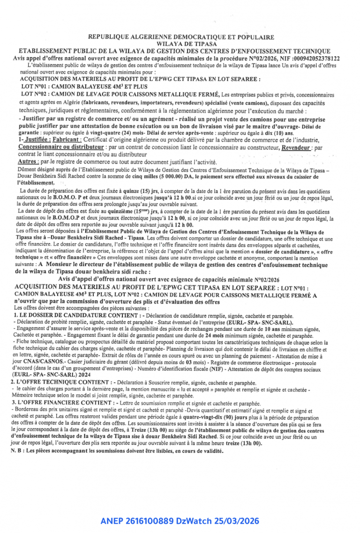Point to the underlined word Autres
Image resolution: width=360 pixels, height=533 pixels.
tap(28, 161)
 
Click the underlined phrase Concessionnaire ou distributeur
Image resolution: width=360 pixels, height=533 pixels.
tap(61, 147)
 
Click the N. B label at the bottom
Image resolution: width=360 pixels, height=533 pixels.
tap(17, 451)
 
